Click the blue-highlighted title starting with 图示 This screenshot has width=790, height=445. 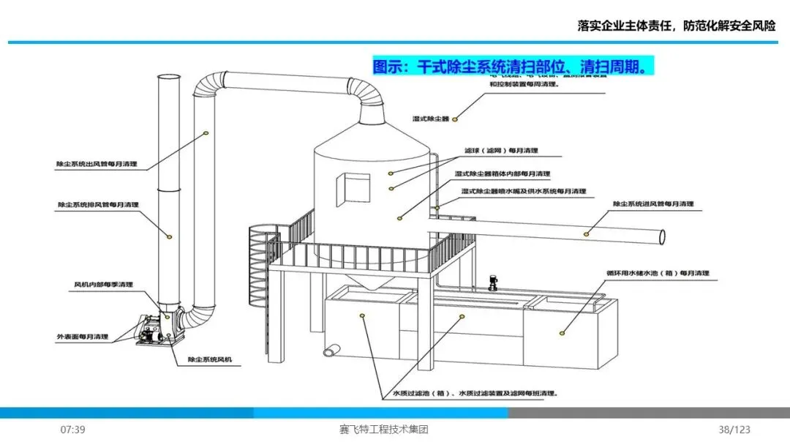coord(512,67)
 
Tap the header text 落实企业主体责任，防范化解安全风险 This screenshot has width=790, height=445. coord(676,26)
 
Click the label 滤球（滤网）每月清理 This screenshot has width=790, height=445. coord(500,150)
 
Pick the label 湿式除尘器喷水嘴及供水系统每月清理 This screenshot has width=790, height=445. coord(524,191)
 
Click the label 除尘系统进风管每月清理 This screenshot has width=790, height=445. coord(652,204)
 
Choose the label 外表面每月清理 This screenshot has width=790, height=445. coord(83,337)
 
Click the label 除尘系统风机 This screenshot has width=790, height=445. coord(214,359)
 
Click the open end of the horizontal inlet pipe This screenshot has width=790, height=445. coord(662,237)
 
